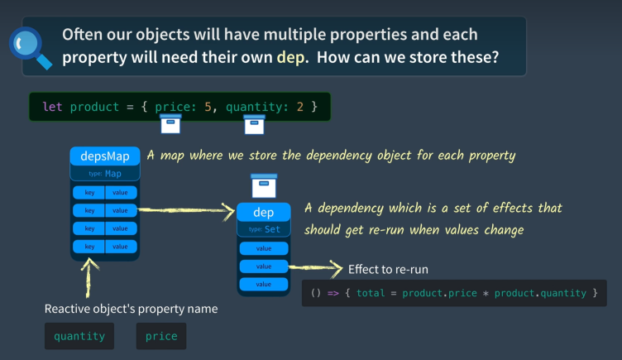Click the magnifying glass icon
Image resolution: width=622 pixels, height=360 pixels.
click(x=31, y=48)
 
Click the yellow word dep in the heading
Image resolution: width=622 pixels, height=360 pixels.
click(x=291, y=58)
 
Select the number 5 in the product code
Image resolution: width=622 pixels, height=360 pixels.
click(x=208, y=107)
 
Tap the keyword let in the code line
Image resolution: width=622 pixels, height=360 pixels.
click(x=52, y=107)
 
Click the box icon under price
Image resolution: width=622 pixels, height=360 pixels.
click(x=170, y=124)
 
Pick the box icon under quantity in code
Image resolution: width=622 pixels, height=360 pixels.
click(x=254, y=125)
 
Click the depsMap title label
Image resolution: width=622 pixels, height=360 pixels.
click(x=105, y=156)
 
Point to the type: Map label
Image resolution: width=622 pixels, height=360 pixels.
click(x=105, y=174)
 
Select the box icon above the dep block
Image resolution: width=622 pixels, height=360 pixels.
click(x=264, y=185)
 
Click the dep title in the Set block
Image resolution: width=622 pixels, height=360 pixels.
click(x=263, y=213)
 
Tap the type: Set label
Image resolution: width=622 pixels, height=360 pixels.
click(x=264, y=229)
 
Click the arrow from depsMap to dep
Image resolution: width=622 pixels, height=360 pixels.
click(x=186, y=210)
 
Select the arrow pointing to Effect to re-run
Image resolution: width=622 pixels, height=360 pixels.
click(x=316, y=267)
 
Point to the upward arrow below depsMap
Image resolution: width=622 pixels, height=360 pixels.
click(x=89, y=278)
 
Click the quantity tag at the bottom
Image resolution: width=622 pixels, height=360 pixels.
click(x=79, y=336)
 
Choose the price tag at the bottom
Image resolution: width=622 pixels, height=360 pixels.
click(x=161, y=336)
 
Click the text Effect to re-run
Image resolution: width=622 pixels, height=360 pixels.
click(x=388, y=270)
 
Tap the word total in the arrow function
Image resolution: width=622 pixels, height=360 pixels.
click(x=371, y=293)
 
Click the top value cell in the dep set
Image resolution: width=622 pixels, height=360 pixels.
click(x=264, y=248)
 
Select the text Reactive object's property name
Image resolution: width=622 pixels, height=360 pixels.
click(x=131, y=309)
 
